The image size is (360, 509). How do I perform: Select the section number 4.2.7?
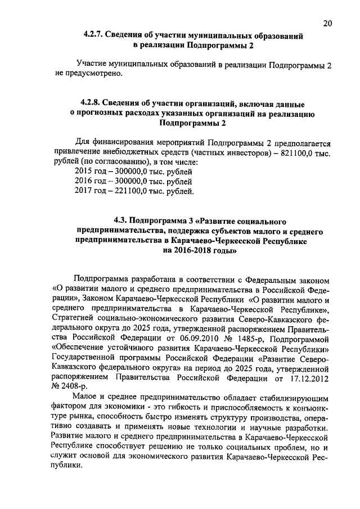tap(93, 35)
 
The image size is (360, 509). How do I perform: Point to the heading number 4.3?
tap(122, 219)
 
